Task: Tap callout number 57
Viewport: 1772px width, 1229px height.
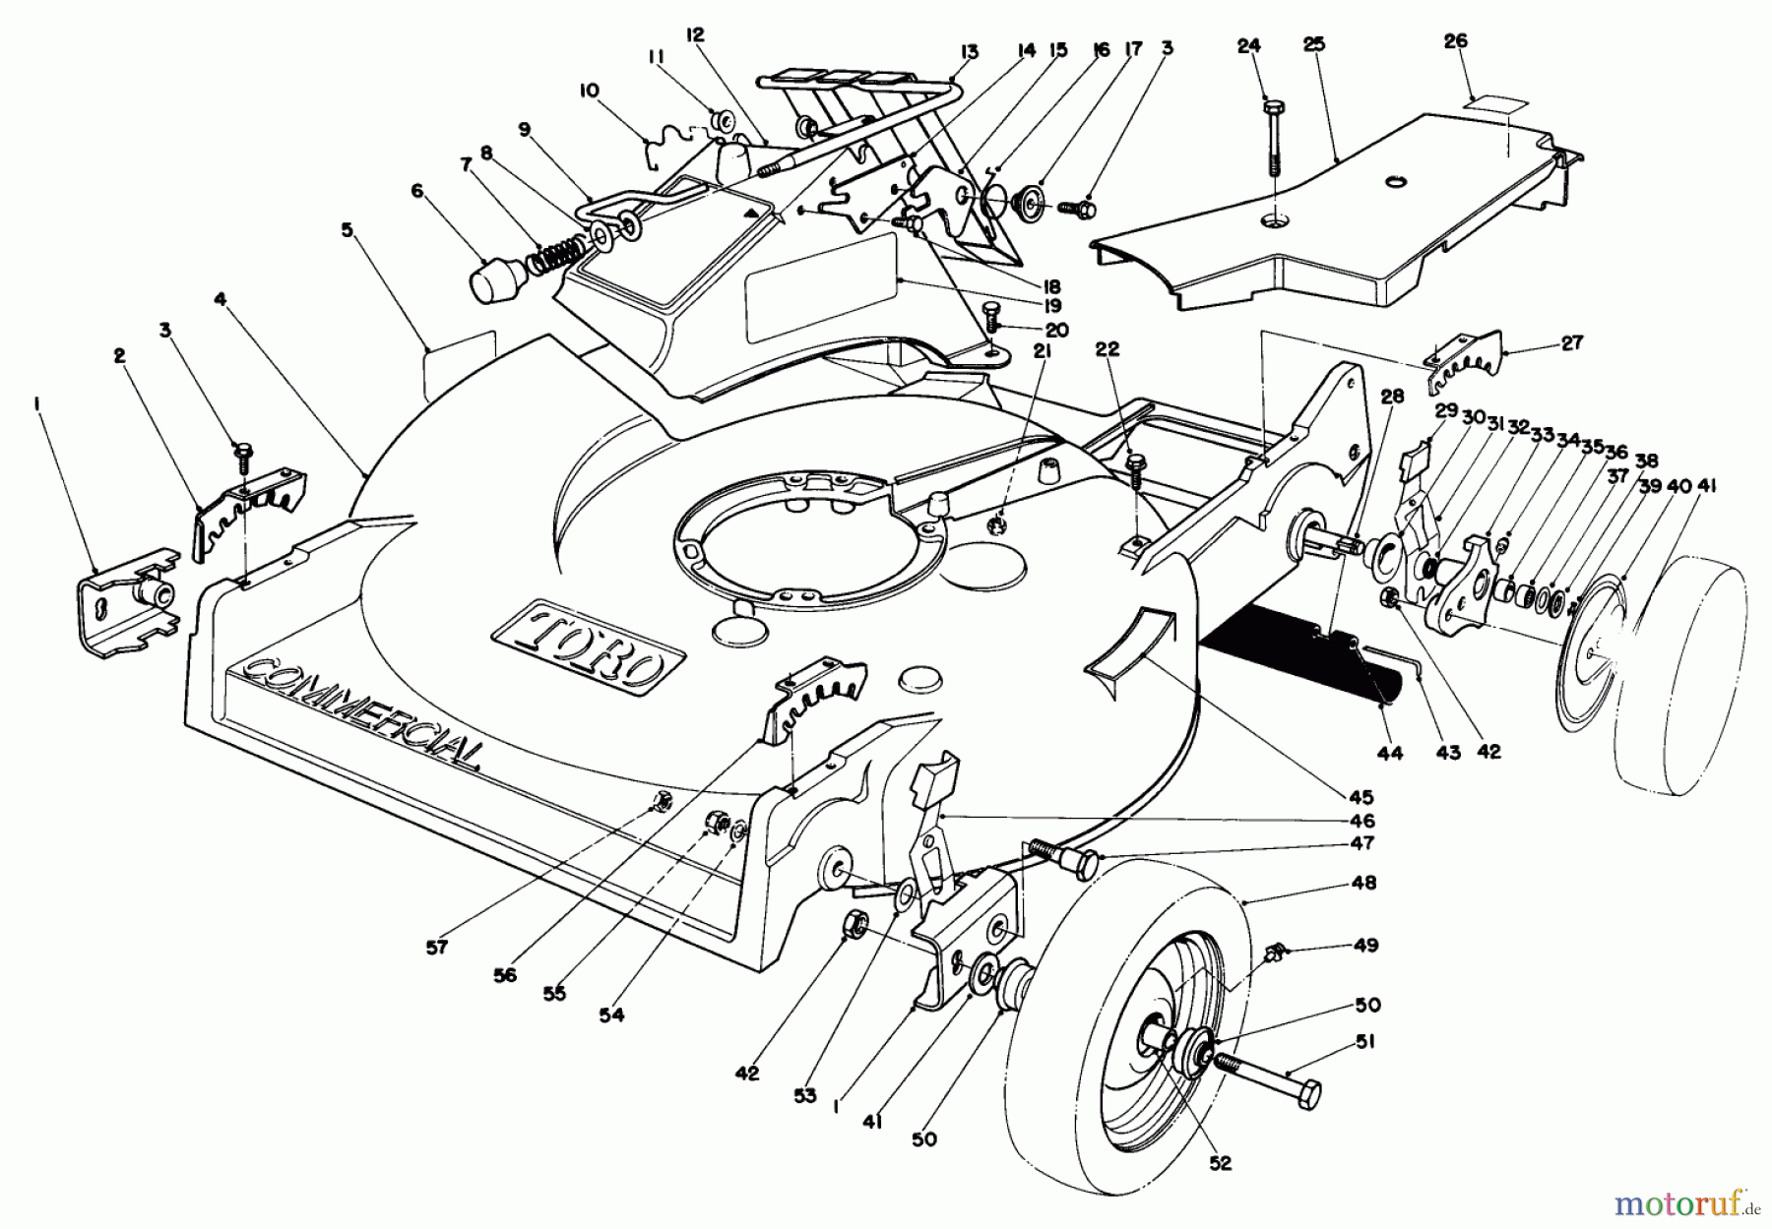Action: [x=437, y=948]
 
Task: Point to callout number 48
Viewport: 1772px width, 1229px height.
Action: [x=1364, y=884]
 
